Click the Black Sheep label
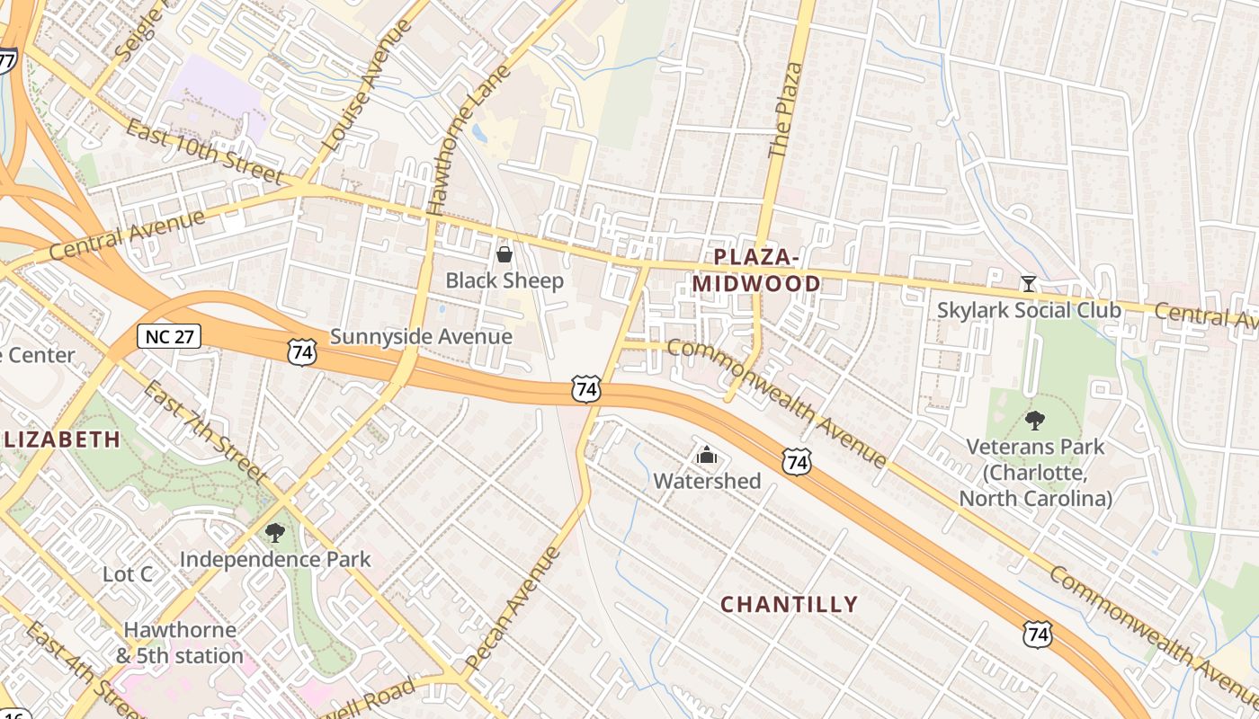coord(504,280)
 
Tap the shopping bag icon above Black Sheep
coord(504,254)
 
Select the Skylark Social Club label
coord(1030,310)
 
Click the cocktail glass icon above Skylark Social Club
coord(1029,284)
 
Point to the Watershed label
coord(707,481)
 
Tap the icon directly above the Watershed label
coord(707,456)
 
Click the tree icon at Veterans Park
coord(1035,420)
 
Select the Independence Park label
coord(275,559)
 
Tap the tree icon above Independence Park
coord(275,533)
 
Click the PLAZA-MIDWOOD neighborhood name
coord(756,271)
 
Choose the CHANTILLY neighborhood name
coord(790,604)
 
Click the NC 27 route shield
coord(169,336)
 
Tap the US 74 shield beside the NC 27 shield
coord(302,351)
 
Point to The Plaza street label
coord(784,111)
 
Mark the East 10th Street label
coord(205,152)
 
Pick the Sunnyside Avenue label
coord(421,337)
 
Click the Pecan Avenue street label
coord(513,608)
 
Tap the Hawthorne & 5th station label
coord(180,643)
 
